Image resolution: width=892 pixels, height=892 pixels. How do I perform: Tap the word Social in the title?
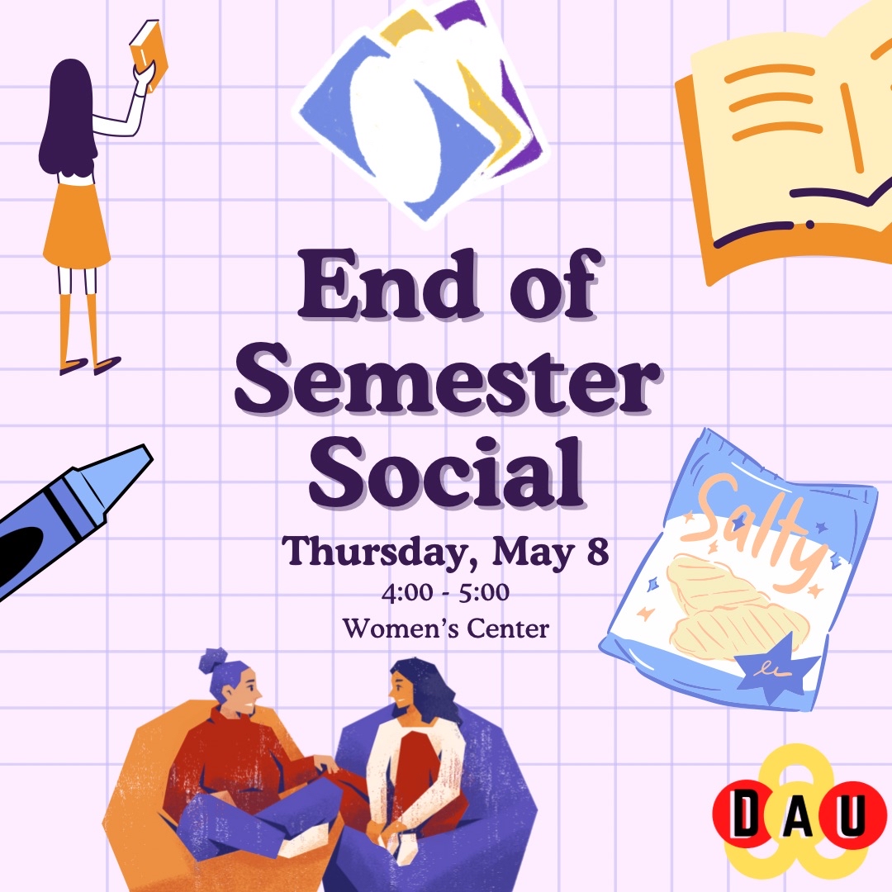coord(447,472)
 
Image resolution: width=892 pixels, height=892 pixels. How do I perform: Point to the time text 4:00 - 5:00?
coord(445,593)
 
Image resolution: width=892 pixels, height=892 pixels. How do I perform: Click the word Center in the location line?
coord(508,629)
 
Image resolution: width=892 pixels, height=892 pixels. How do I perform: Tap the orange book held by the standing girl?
coord(149,54)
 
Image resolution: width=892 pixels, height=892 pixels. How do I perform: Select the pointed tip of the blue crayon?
coord(149,453)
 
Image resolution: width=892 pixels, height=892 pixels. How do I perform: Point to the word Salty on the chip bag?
coord(757,529)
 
